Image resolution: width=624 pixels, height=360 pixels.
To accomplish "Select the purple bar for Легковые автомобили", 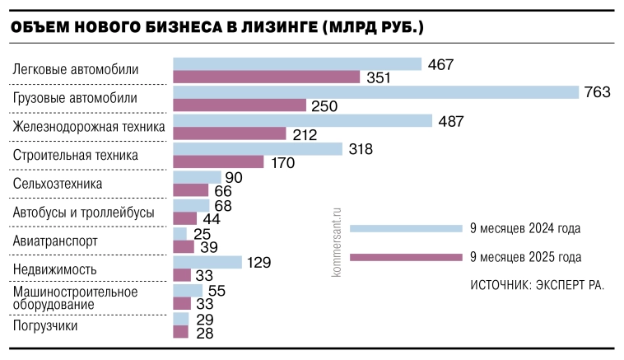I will point(267,77).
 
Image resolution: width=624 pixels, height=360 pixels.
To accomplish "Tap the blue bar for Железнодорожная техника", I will point(302,120).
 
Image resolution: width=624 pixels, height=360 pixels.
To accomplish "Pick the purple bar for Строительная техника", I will point(218,162).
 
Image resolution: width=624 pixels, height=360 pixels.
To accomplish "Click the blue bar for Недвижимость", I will point(207,262).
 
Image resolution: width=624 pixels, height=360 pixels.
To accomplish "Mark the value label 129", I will point(258,262).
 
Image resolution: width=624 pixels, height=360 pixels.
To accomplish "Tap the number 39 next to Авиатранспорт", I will point(209,247).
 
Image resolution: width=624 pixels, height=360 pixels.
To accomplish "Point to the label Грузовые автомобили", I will point(75,99).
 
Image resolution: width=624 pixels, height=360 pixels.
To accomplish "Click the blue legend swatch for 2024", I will point(405,228).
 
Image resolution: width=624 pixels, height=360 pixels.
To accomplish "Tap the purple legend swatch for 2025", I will point(405,257).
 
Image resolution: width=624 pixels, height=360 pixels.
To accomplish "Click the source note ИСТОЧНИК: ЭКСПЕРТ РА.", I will point(537,285).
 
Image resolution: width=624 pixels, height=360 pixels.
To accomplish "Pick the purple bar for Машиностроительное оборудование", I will point(182,304).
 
